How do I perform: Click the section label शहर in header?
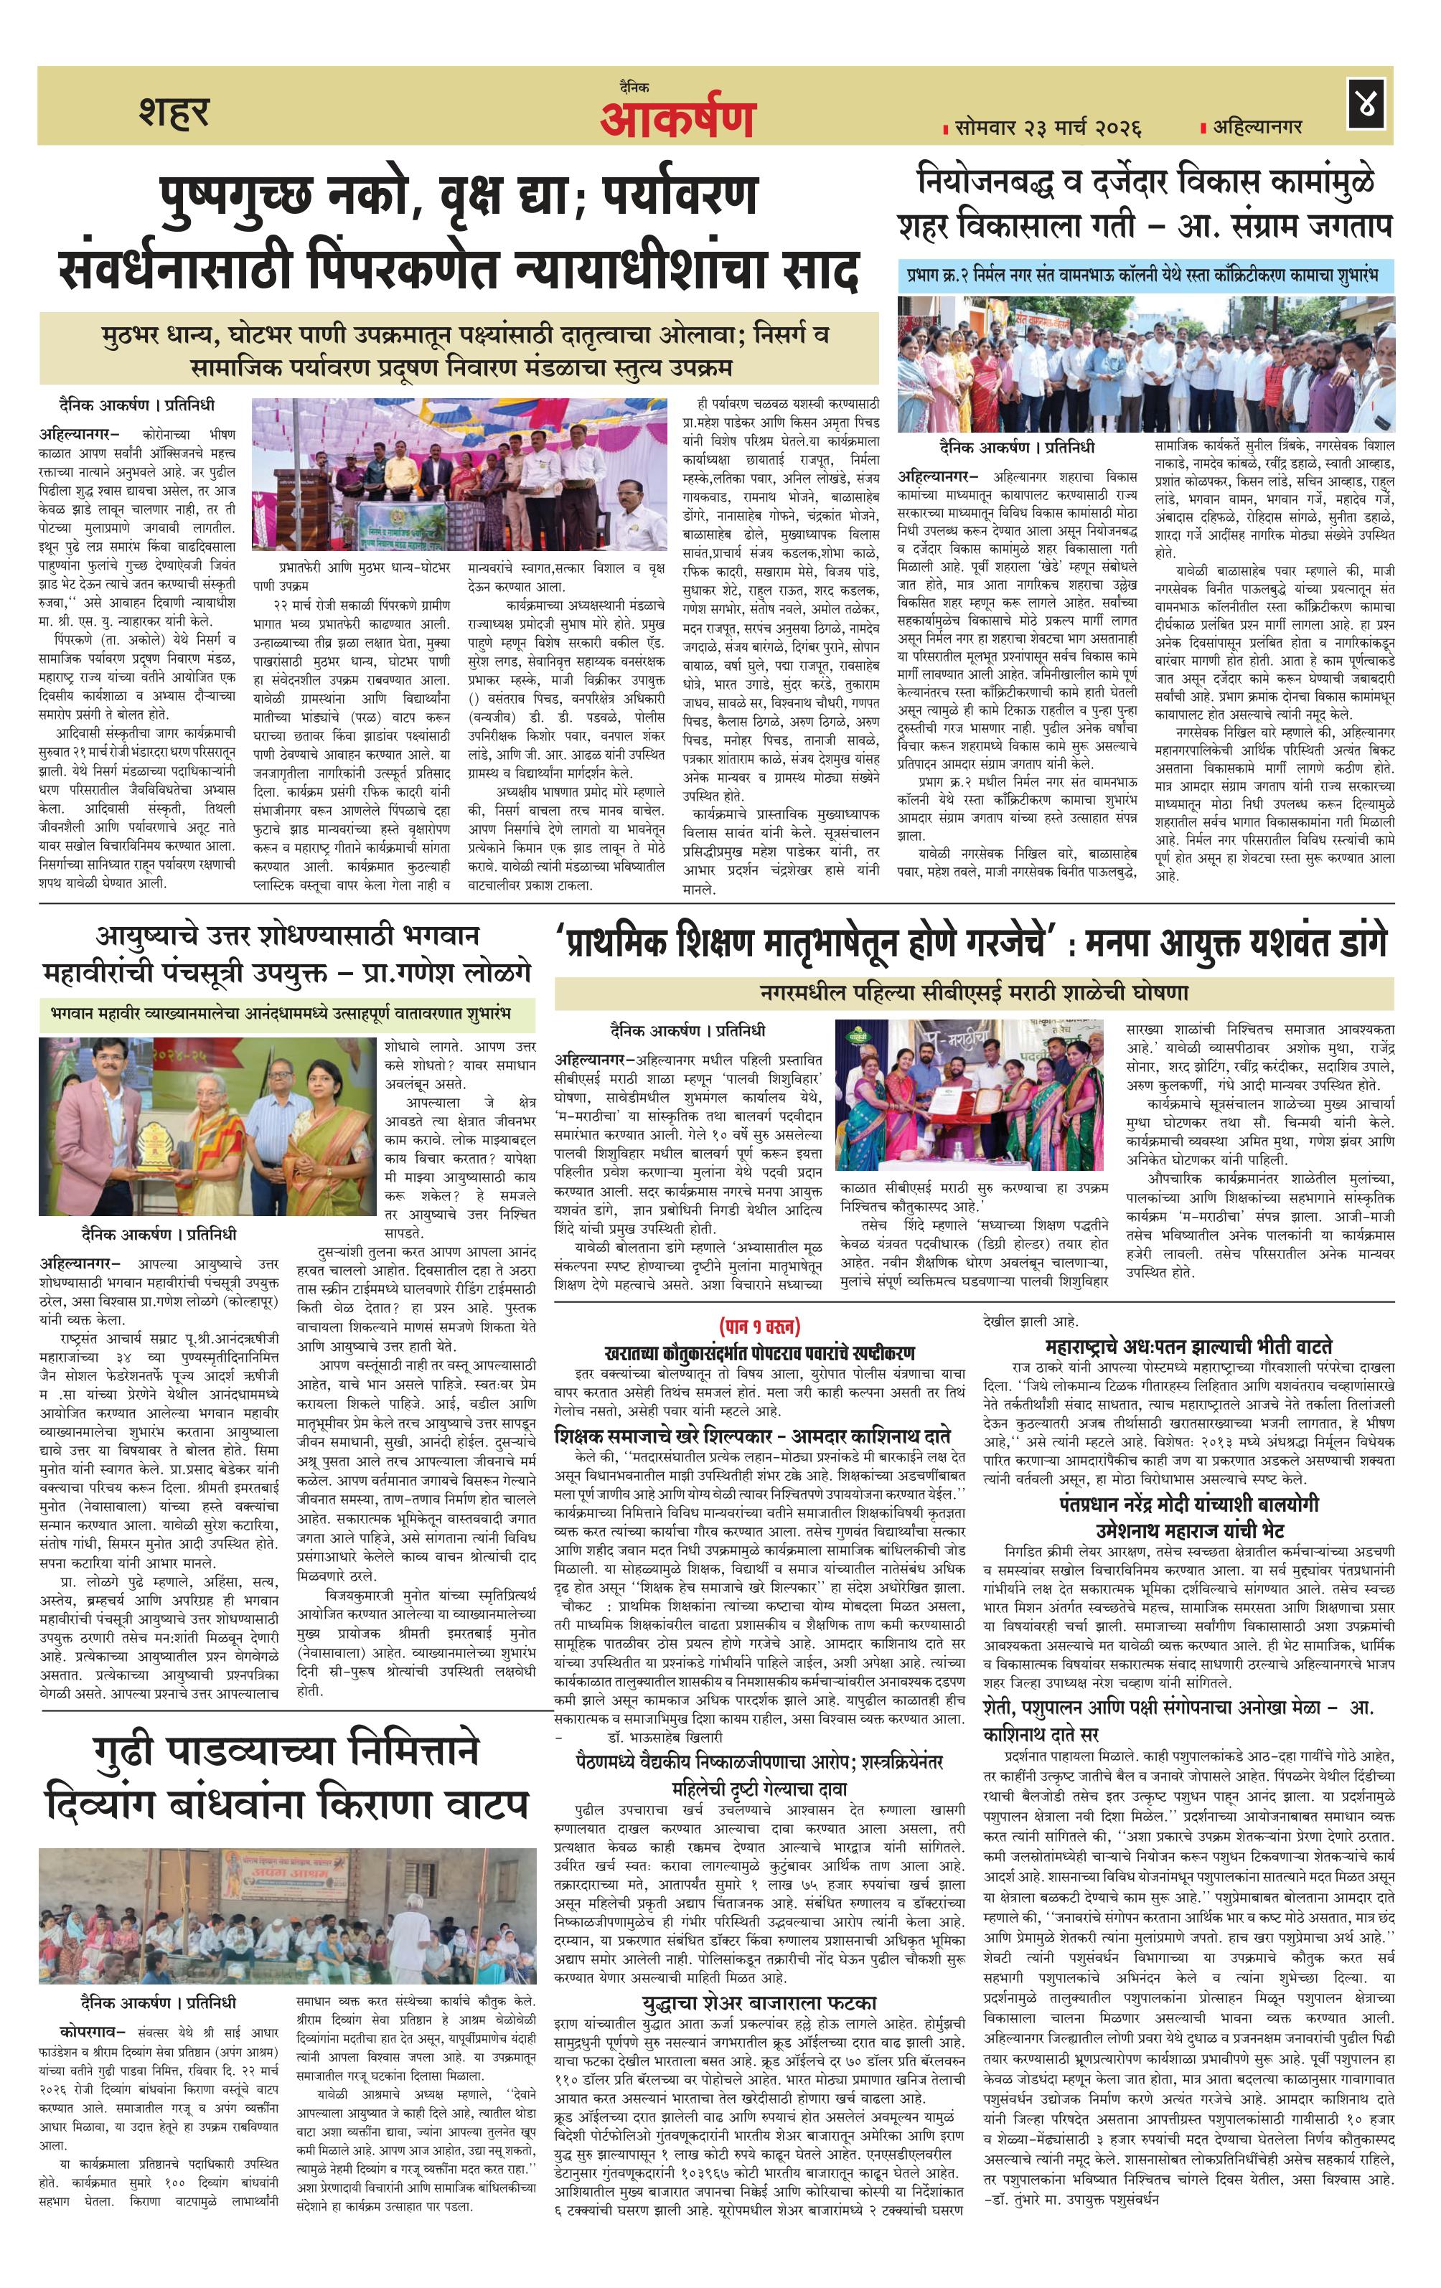(x=174, y=111)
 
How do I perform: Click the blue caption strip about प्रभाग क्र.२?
(x=1145, y=276)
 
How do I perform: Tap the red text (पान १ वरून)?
(x=759, y=1324)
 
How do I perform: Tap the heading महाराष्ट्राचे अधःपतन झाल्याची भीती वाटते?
(x=1187, y=1345)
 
